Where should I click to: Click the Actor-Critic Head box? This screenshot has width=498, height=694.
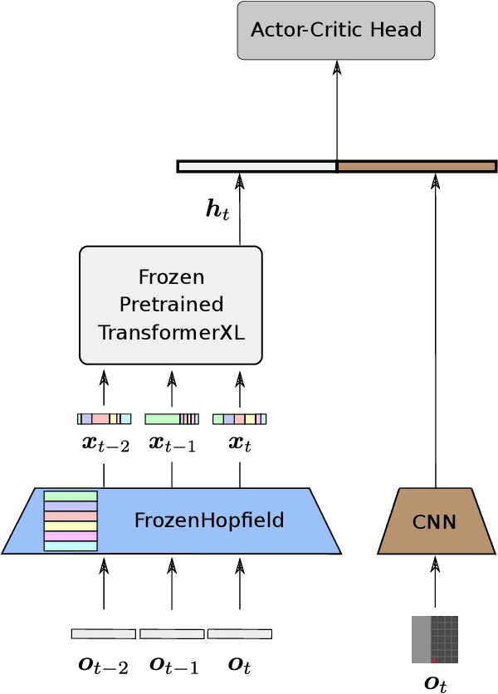(336, 31)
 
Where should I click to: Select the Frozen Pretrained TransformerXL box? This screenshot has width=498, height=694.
(171, 305)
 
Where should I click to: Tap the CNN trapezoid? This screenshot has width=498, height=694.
(436, 522)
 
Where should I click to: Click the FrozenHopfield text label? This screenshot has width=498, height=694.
(209, 520)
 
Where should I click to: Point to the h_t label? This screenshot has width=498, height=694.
(217, 209)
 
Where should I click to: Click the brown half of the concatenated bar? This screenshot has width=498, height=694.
(416, 167)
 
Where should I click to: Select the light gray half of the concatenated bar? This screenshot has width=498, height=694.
(257, 167)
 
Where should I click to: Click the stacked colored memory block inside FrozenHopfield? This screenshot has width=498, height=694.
(71, 520)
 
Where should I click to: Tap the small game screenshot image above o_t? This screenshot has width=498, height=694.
(435, 639)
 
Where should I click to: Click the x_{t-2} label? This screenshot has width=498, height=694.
(105, 443)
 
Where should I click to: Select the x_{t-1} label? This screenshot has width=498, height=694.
(173, 443)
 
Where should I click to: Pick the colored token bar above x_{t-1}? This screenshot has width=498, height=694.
(172, 419)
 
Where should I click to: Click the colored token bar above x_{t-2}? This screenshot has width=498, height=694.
(104, 419)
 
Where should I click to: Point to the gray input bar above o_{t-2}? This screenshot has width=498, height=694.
(104, 634)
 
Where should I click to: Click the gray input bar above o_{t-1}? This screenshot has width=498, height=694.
(172, 634)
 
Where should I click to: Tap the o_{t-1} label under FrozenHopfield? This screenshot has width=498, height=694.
(173, 665)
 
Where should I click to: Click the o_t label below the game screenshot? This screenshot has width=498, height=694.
(436, 683)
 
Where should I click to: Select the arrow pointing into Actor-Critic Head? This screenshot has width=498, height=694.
(336, 108)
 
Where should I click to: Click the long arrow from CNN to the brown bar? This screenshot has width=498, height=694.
(436, 332)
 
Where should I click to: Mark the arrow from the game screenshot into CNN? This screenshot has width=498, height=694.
(435, 584)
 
